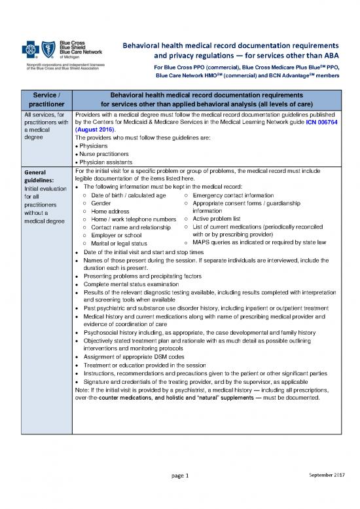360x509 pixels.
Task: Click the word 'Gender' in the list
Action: click(101, 203)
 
